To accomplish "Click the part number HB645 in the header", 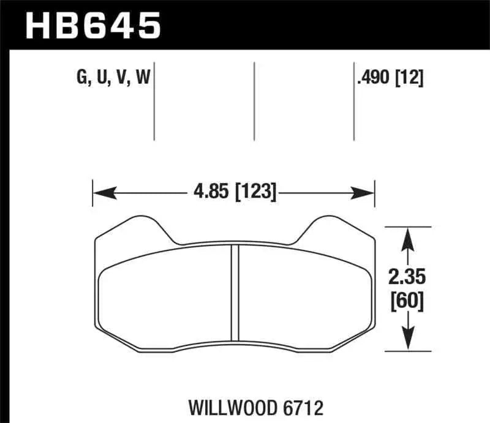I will pos(92,25).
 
